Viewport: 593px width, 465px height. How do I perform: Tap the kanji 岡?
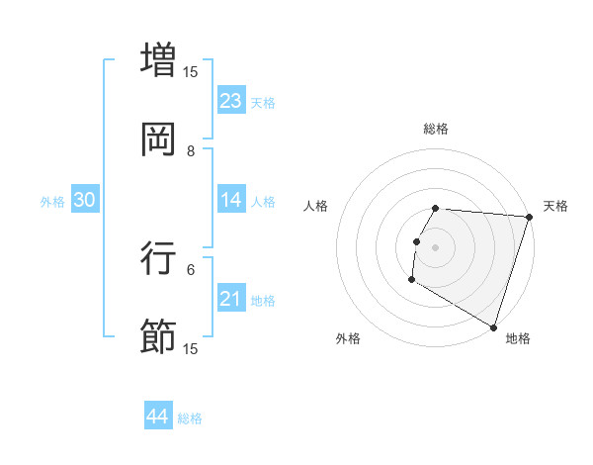coord(159,139)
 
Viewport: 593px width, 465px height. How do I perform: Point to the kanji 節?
coord(159,336)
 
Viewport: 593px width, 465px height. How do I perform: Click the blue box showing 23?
coord(231,101)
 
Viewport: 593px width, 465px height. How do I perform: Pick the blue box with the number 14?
coord(231,200)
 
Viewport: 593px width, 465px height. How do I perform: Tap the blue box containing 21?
coord(231,299)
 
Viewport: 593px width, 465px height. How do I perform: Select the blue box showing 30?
coord(84,200)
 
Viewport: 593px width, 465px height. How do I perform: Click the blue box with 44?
coord(157,417)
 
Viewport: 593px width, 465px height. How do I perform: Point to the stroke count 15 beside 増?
coord(191,71)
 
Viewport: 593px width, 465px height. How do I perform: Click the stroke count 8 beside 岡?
coord(191,150)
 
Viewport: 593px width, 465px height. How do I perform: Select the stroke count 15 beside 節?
coord(191,348)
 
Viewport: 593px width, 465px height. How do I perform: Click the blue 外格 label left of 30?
coord(52,202)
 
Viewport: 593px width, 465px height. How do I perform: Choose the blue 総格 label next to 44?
coord(190,418)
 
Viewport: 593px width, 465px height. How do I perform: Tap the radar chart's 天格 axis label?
coord(556,206)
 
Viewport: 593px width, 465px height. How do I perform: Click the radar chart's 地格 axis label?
coord(518,338)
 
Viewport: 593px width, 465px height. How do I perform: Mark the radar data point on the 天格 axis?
coord(529,218)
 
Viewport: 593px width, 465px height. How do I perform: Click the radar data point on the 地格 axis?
coord(493,326)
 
